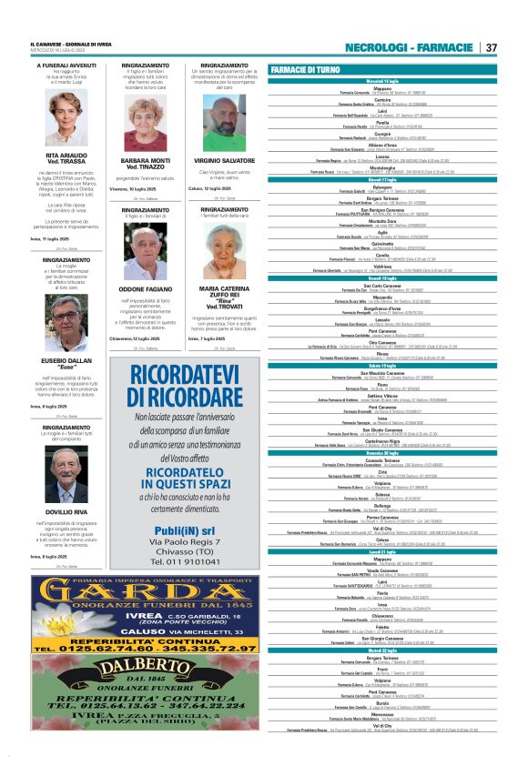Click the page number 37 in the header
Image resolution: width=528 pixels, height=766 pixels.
491,47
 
